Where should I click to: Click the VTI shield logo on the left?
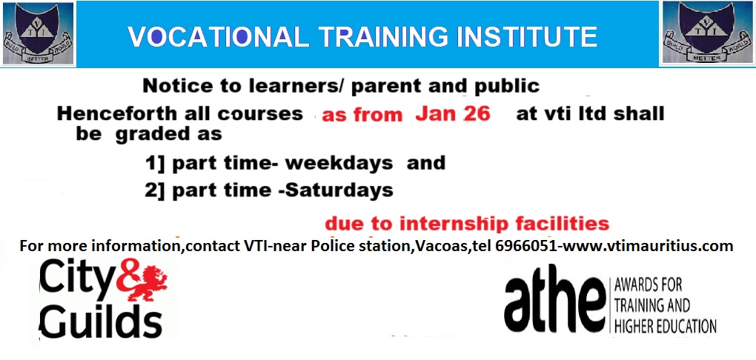point(38,34)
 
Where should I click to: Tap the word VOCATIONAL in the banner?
point(218,37)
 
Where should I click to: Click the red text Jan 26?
point(453,114)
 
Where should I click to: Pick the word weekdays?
point(339,164)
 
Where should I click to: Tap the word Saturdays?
point(338,190)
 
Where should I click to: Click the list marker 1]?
point(155,164)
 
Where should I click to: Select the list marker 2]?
point(155,191)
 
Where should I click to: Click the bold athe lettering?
point(554,304)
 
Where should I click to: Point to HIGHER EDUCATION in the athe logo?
point(665,326)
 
